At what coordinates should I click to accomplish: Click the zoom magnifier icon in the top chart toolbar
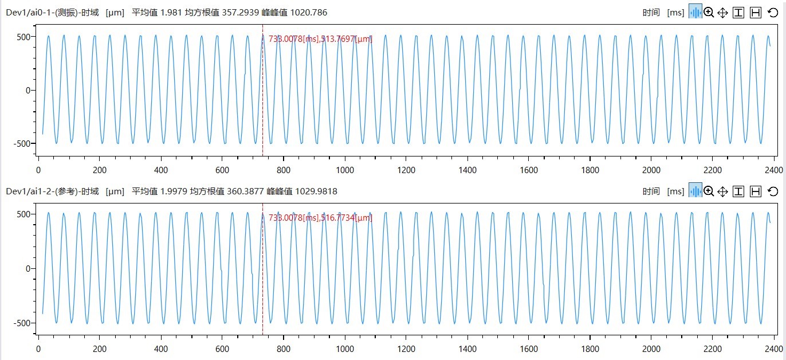coord(709,13)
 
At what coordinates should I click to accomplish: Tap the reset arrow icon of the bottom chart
coord(772,191)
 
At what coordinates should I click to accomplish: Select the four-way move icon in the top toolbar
coord(722,13)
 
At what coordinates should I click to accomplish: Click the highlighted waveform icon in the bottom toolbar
coord(695,191)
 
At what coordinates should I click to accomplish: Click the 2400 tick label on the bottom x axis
coord(773,349)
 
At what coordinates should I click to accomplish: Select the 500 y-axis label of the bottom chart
coord(23,214)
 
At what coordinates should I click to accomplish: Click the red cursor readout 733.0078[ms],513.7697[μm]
coord(320,39)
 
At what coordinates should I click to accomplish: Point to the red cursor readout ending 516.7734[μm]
coord(320,218)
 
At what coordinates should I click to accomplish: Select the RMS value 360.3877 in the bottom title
coord(243,191)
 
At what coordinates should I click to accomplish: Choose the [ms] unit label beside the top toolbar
coord(675,13)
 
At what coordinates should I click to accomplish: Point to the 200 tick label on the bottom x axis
coord(100,349)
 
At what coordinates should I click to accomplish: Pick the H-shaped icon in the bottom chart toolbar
coord(755,191)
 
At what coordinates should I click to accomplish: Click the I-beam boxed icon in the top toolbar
coord(738,13)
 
